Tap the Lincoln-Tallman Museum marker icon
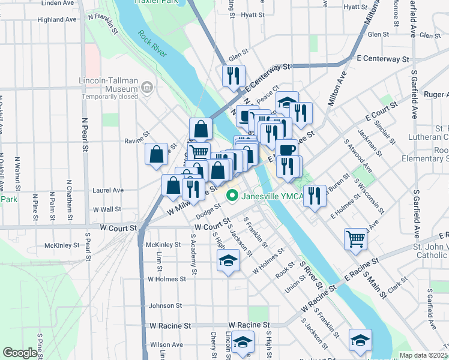click(x=146, y=89)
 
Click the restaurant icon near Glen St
click(x=232, y=76)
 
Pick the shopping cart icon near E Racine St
click(x=355, y=239)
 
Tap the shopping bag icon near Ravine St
click(x=156, y=154)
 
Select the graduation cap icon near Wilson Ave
click(x=243, y=344)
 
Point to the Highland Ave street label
click(x=57, y=19)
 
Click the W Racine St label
click(x=170, y=325)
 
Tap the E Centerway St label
click(x=382, y=59)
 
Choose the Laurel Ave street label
click(x=107, y=190)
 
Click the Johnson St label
click(x=161, y=306)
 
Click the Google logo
click(x=19, y=353)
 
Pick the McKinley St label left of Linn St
click(x=62, y=245)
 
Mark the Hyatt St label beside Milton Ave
click(x=355, y=7)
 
